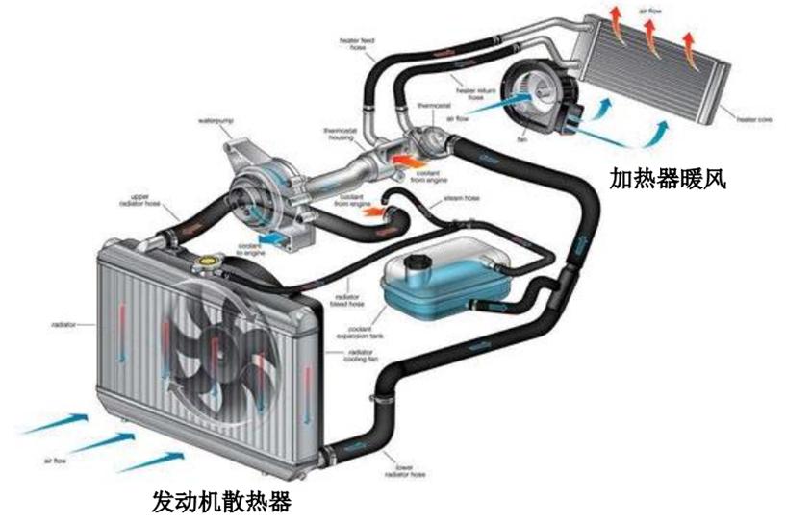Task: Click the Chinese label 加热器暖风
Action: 665,177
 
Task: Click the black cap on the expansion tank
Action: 416,260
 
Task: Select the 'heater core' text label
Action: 753,119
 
